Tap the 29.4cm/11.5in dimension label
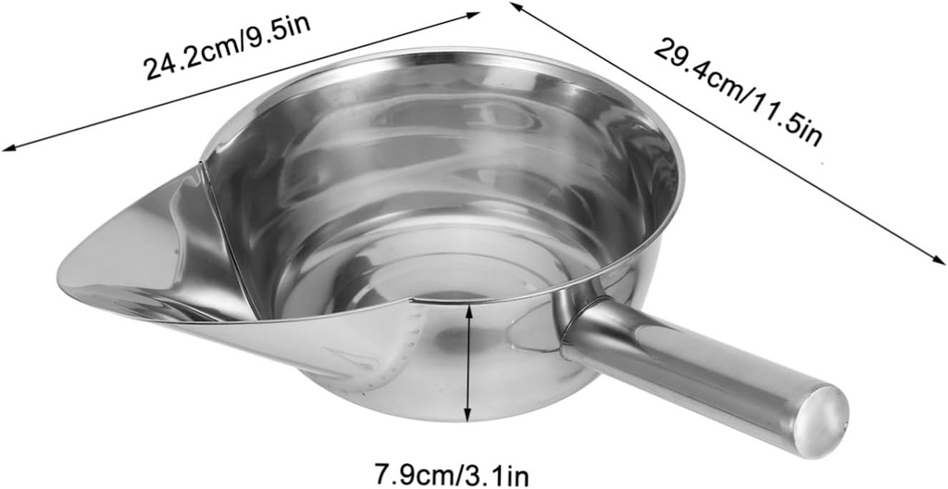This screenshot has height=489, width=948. coord(739,90)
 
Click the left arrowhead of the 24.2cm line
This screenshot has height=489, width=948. coord(7,147)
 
